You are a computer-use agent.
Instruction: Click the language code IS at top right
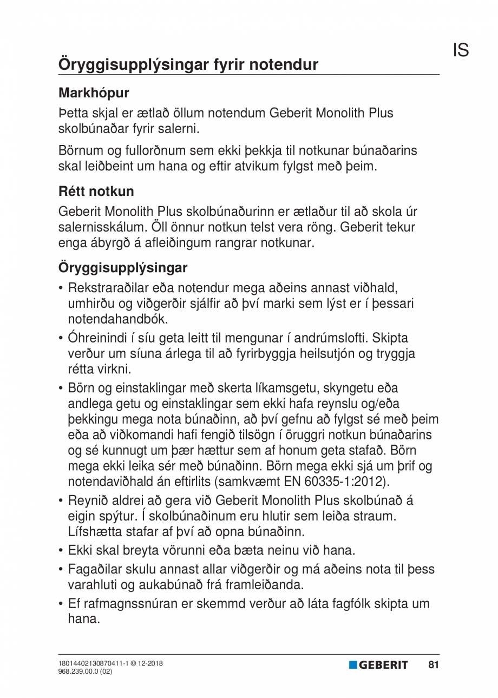461,50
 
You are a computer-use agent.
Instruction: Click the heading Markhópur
94,93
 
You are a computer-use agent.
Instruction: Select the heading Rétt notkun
96,192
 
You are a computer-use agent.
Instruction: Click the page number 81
433,665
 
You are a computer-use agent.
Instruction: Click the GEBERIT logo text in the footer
383,666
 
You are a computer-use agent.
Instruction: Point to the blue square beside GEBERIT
353,665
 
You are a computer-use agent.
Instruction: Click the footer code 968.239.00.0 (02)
85,671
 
